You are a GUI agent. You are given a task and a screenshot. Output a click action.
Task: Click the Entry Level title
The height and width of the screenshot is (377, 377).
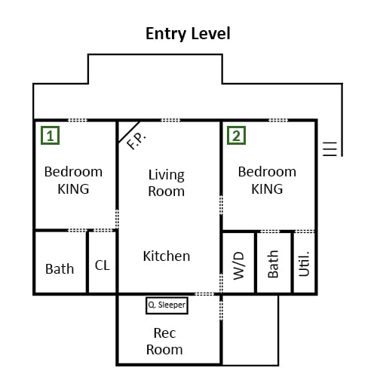(188, 34)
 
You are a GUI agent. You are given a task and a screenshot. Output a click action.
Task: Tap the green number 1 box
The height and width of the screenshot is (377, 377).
(51, 136)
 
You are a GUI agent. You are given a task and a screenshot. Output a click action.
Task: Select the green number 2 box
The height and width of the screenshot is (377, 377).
(236, 136)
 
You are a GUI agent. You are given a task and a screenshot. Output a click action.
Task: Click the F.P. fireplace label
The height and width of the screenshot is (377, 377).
(136, 141)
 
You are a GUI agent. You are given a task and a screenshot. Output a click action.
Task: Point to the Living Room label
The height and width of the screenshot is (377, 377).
(167, 183)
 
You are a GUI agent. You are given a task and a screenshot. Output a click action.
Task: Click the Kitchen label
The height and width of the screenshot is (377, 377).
(167, 256)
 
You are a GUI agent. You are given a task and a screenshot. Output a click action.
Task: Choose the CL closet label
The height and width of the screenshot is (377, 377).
(103, 265)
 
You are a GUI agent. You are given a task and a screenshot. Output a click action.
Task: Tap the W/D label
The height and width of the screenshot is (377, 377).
(238, 266)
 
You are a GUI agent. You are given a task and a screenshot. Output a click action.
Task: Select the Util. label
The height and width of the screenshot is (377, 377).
(304, 264)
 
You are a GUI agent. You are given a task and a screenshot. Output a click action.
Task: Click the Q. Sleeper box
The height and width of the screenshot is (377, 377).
(167, 305)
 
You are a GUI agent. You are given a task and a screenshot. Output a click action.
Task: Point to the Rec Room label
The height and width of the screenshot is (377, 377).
(164, 342)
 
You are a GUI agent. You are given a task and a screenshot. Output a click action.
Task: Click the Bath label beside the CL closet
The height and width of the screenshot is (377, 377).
(60, 268)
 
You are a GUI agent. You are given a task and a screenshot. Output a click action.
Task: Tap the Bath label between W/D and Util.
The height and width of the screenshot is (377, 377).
(273, 264)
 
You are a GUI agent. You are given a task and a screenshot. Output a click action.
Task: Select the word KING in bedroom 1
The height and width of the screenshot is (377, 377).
(73, 189)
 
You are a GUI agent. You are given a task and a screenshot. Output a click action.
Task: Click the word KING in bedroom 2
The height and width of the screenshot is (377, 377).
(267, 189)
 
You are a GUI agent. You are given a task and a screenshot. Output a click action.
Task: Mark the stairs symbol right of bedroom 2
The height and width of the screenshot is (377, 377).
(329, 149)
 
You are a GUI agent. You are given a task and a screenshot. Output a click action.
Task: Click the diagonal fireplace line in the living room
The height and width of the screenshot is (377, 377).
(129, 132)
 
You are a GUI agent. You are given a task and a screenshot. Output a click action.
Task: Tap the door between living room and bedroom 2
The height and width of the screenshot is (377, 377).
(221, 205)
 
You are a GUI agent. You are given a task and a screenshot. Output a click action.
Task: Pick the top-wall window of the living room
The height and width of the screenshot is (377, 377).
(170, 120)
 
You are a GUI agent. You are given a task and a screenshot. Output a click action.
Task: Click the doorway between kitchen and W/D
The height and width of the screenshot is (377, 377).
(221, 284)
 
